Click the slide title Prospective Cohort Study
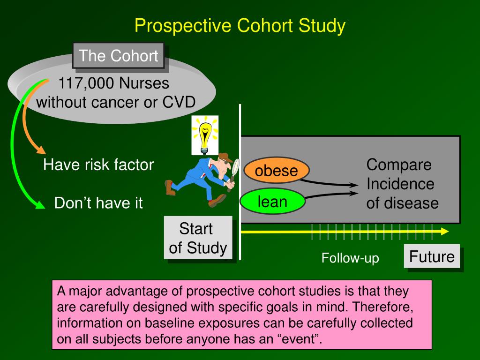240,25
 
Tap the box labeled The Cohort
118,56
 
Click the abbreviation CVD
179,102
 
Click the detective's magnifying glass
235,167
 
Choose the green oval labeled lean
272,202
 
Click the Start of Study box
198,238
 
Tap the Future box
432,257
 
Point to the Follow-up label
350,258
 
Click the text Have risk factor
98,165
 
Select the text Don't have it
98,203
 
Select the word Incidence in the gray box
400,184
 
